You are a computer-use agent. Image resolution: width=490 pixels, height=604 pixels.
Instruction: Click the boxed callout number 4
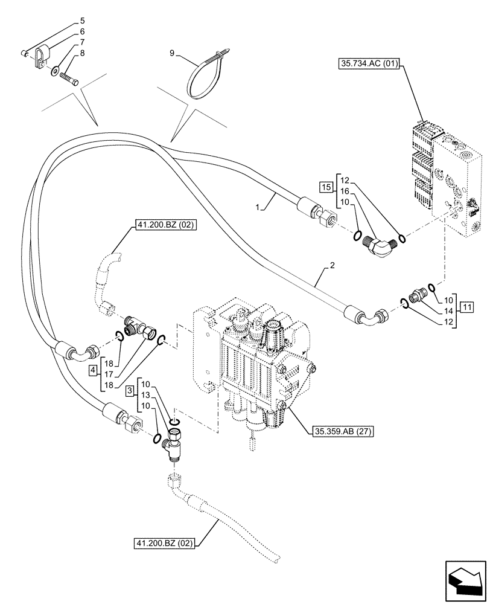coord(93,370)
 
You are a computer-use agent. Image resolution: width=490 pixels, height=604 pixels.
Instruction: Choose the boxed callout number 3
coord(130,392)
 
